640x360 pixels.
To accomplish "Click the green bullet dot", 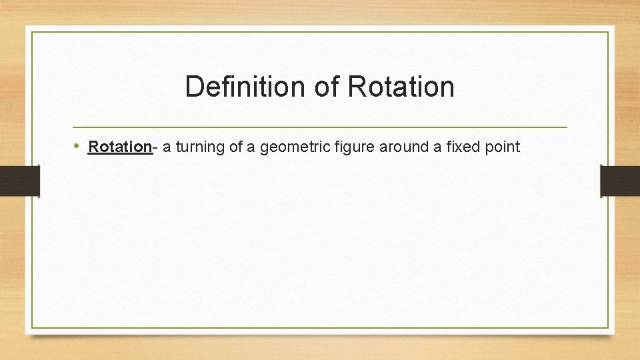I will click(77, 146).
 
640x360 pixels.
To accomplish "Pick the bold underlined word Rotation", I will click(121, 147).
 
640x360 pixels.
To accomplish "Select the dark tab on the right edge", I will click(620, 181).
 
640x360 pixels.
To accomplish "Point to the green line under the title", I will click(320, 127).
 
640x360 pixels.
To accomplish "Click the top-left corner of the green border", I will click(31, 31).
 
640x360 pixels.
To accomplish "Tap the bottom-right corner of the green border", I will click(608, 328).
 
